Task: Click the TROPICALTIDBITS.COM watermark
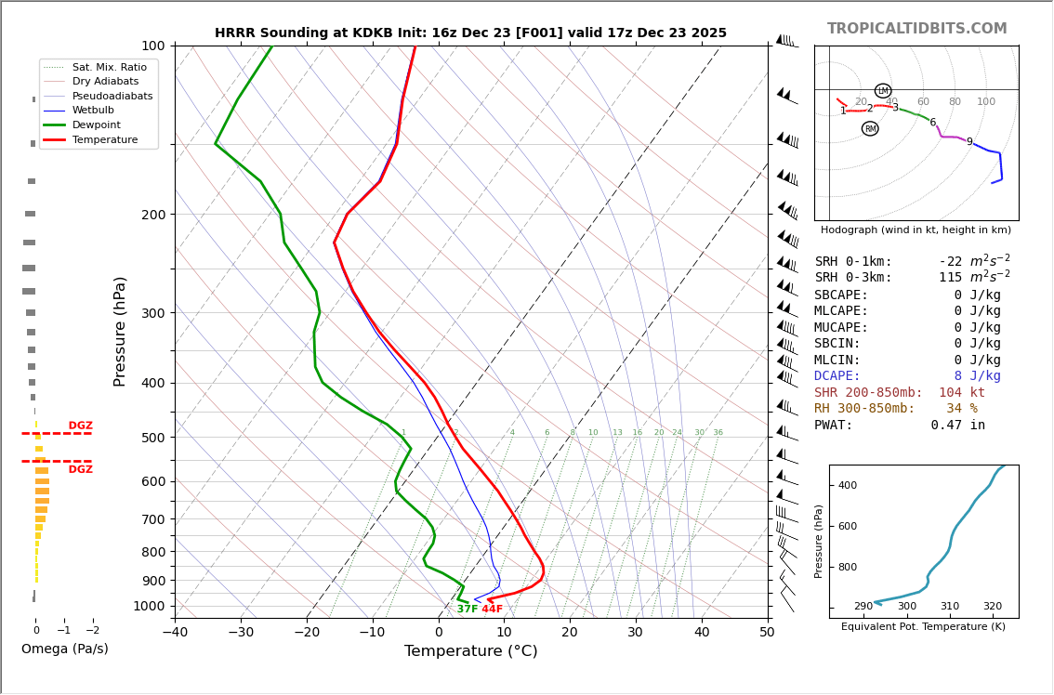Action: coord(916,29)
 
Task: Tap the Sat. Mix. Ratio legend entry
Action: coord(109,67)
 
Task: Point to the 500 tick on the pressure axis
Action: coord(152,438)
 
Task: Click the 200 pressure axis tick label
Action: coord(152,215)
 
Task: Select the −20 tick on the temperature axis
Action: coord(307,633)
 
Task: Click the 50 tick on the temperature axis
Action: coord(767,633)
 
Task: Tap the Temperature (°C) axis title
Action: coord(470,651)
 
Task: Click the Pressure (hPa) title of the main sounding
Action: coord(120,331)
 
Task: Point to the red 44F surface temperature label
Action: coord(492,610)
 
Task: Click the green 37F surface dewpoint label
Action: coord(467,610)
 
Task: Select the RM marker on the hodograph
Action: coord(870,129)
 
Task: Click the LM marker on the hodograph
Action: coord(883,91)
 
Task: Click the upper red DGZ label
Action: coord(81,426)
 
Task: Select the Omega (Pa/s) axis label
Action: coord(64,649)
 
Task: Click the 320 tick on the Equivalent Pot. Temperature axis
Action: coord(993,607)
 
